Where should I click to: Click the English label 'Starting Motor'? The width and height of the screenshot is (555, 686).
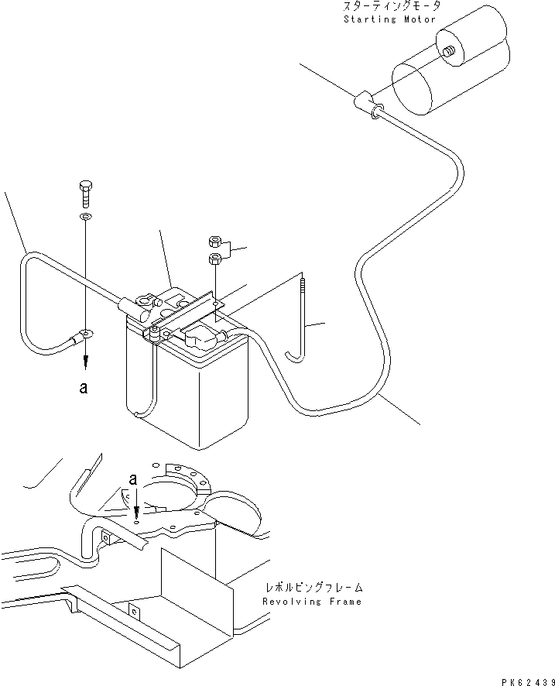[x=390, y=19]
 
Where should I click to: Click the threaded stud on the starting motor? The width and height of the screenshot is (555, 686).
[x=448, y=53]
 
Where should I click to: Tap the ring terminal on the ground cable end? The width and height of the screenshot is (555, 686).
[x=84, y=334]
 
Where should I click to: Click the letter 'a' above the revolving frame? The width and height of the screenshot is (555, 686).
[x=133, y=480]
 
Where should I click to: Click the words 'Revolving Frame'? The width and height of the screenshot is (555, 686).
[x=311, y=602]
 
